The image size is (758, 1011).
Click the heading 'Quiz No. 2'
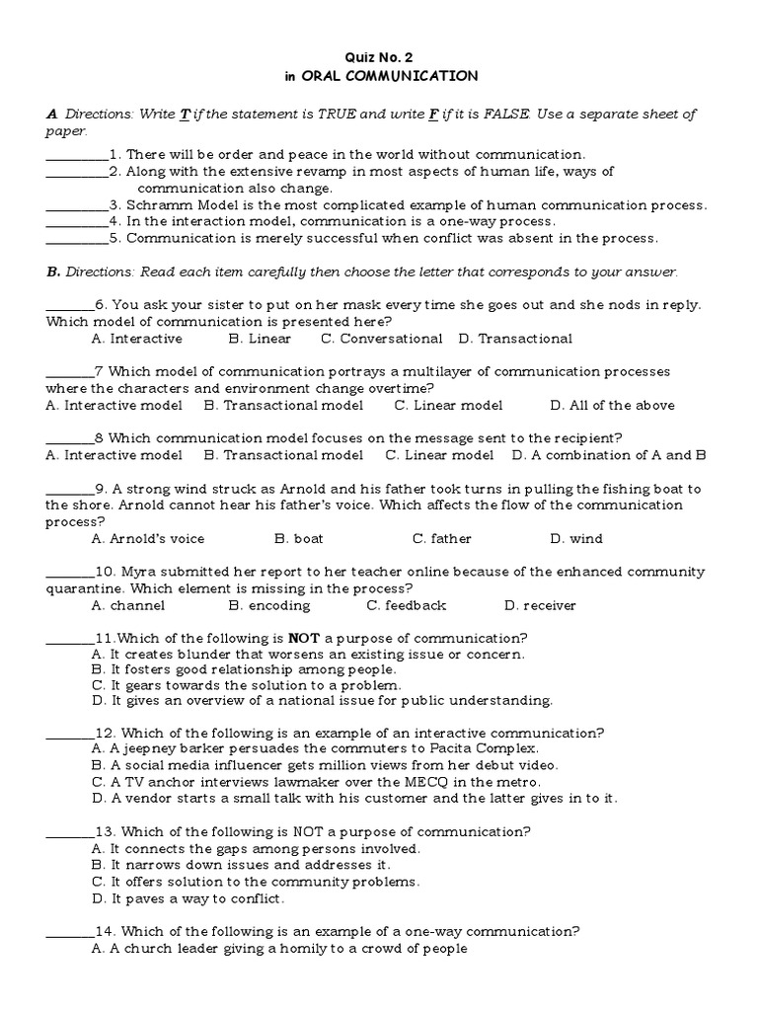click(379, 56)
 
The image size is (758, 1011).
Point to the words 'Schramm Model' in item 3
click(175, 205)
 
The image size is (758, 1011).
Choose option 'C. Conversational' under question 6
click(381, 339)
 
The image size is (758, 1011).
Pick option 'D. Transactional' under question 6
click(515, 339)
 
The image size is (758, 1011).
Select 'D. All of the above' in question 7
click(612, 405)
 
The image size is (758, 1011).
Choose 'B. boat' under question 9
click(299, 539)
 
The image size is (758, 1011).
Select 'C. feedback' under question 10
click(406, 605)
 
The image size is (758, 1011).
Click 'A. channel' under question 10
click(128, 605)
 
